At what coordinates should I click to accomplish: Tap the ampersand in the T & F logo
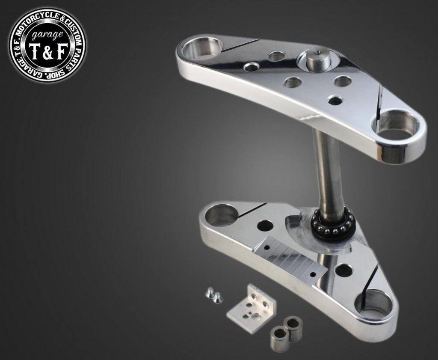pos(47,53)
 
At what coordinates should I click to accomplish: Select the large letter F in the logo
pos(61,52)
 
